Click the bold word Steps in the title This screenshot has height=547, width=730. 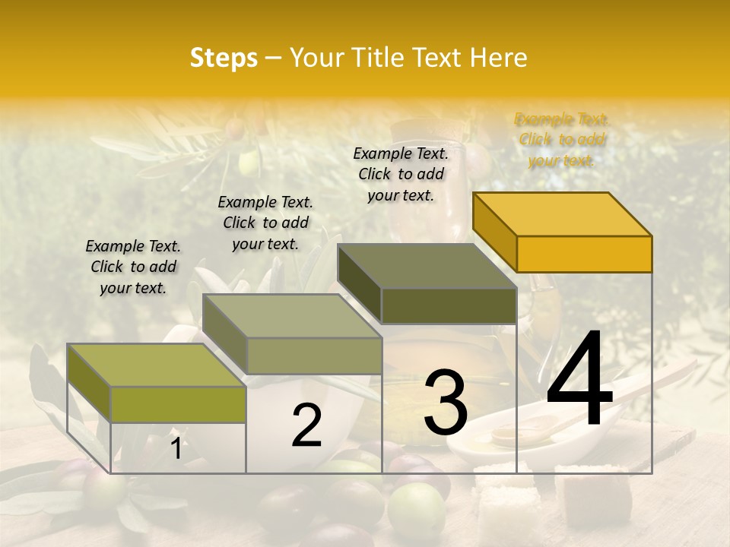click(x=224, y=58)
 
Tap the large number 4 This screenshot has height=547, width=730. click(x=579, y=380)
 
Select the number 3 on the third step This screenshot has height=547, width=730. click(x=446, y=403)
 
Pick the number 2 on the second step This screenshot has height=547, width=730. click(x=306, y=426)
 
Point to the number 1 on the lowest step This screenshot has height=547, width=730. click(x=176, y=448)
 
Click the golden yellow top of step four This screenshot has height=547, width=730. click(x=562, y=213)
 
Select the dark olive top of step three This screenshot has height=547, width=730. click(x=427, y=266)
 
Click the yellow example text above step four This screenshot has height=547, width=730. click(x=562, y=140)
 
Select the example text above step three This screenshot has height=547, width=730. click(x=401, y=174)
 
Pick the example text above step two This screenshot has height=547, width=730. click(x=265, y=223)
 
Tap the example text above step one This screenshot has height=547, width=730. click(x=133, y=267)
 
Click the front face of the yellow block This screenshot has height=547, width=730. click(x=584, y=254)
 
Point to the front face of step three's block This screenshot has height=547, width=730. click(x=449, y=306)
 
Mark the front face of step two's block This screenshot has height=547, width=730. click(x=314, y=356)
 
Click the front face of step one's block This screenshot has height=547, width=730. click(x=178, y=404)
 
